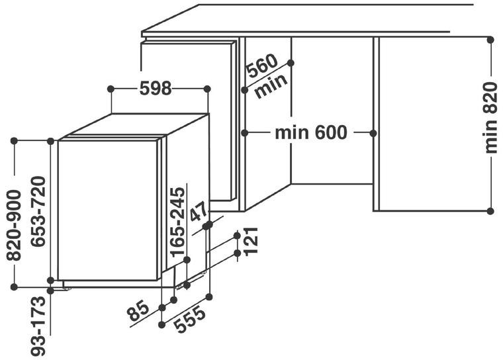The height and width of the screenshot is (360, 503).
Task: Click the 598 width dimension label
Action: click(156, 89)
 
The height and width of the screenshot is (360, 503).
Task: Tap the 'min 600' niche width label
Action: click(311, 132)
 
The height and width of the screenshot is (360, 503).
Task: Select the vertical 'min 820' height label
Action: click(490, 117)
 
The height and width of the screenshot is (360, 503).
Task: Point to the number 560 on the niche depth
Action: click(262, 66)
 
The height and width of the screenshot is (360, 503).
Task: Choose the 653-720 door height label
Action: click(38, 212)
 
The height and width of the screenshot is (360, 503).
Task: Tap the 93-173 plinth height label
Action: click(38, 326)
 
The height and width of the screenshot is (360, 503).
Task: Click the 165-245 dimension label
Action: click(178, 222)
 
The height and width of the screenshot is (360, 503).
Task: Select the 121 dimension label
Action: click(251, 241)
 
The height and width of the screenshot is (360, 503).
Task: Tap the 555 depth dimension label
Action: click(190, 319)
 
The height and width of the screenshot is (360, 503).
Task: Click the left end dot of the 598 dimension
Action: click(111, 89)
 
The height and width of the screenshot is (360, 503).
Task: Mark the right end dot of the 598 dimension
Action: click(207, 89)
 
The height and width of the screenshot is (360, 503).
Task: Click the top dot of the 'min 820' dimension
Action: click(490, 40)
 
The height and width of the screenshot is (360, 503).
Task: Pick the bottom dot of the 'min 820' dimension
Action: click(490, 211)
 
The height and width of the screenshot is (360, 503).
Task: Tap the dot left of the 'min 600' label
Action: click(245, 132)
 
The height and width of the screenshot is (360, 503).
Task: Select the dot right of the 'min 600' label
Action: click(373, 132)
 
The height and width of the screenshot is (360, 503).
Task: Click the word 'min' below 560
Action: click(271, 85)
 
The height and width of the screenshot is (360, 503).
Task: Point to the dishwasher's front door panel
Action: click(107, 210)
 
